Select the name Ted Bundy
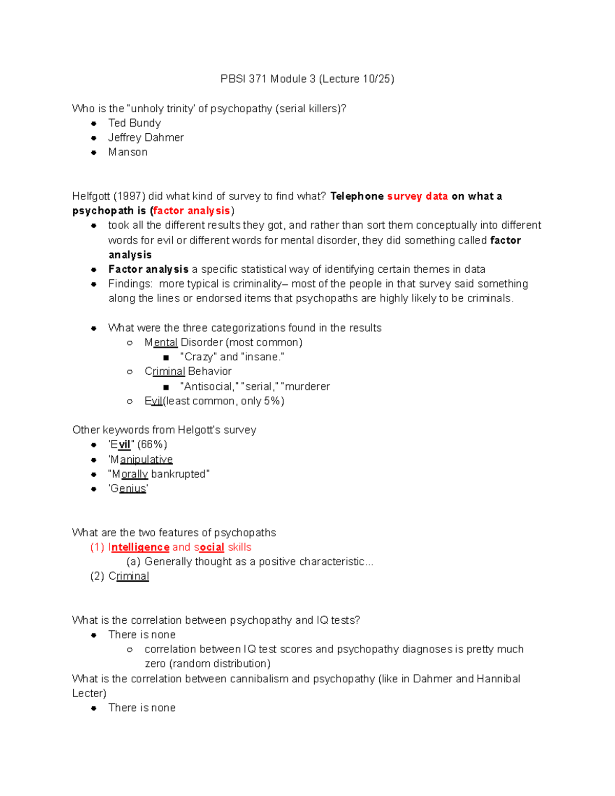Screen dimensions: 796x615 pos(134,123)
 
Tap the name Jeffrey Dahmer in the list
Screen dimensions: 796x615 pos(146,137)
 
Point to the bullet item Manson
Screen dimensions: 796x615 pos(128,152)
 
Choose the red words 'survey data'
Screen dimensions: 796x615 pos(417,196)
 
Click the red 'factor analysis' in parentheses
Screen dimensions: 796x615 pos(192,211)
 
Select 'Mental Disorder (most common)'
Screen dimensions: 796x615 pos(223,342)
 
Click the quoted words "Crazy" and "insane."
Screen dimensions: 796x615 pos(232,357)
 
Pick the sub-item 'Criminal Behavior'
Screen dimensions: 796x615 pos(188,371)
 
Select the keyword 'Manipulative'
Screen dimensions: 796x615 pos(141,459)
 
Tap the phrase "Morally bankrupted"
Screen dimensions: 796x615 pos(159,474)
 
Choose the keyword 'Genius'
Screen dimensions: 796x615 pos(128,488)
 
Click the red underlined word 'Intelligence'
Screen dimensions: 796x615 pos(139,547)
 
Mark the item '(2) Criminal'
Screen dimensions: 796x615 pos(120,576)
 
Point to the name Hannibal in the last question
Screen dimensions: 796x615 pos(498,679)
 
